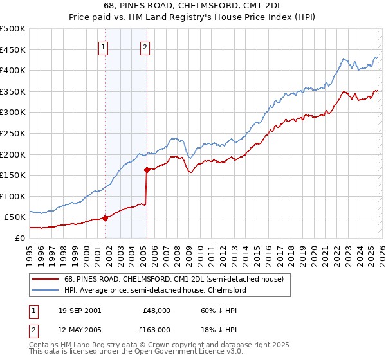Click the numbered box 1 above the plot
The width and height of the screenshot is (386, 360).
[104, 46]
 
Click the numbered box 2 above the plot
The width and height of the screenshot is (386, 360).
[145, 46]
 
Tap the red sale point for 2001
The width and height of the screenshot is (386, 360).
[105, 218]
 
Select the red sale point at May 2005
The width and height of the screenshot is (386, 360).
[147, 170]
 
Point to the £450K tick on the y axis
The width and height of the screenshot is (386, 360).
[12, 50]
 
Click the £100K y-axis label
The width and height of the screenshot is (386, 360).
[12, 196]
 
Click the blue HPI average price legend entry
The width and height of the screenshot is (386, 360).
[155, 290]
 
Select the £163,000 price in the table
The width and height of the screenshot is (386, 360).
[157, 329]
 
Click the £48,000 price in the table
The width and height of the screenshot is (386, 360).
[157, 310]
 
